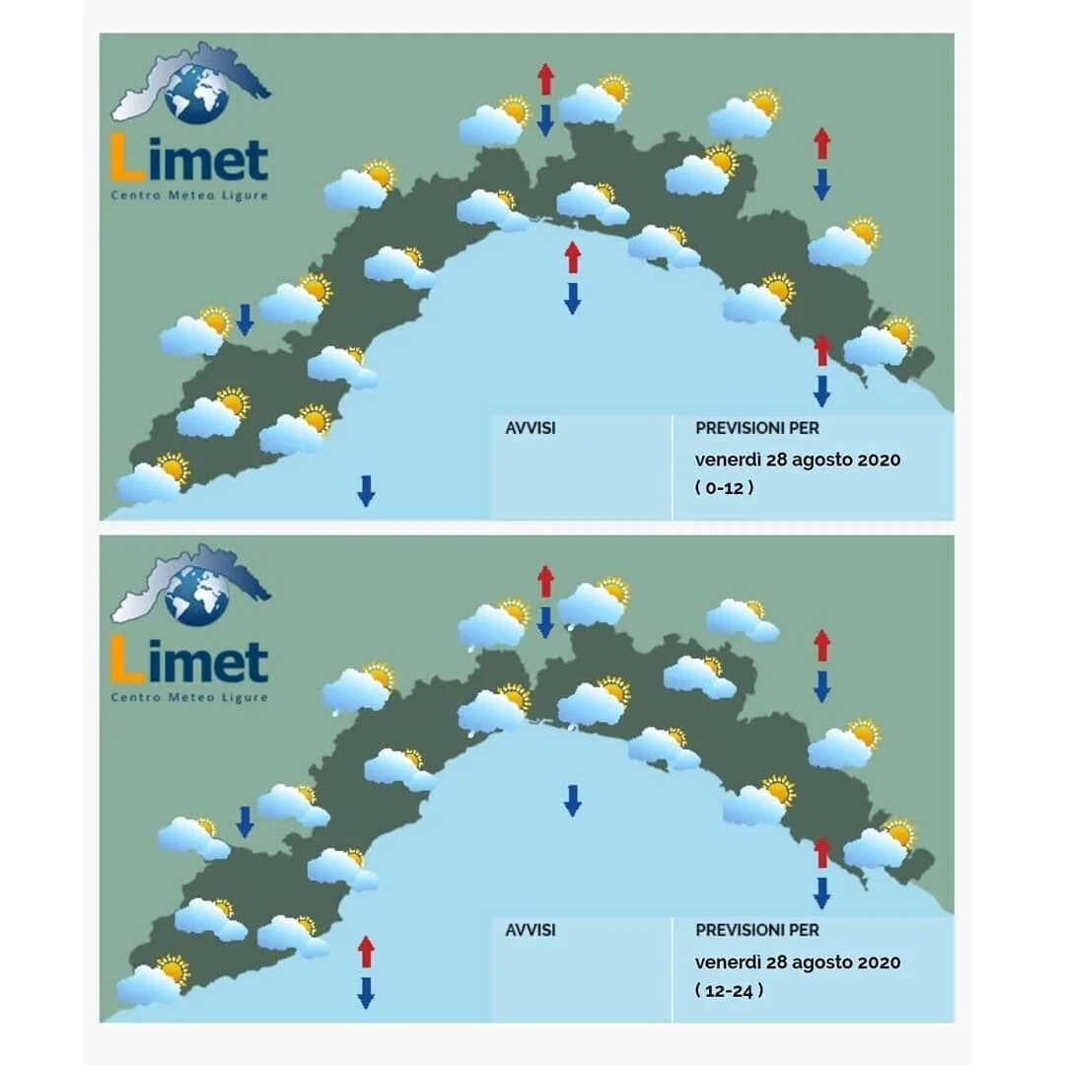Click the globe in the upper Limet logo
click(x=197, y=94)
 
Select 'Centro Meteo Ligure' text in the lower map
click(x=189, y=697)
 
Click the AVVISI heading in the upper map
click(x=531, y=429)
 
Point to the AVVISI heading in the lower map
click(x=531, y=930)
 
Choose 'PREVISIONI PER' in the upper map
click(x=756, y=429)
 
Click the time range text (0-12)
click(x=725, y=487)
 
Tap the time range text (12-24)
click(x=729, y=990)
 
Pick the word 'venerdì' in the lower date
click(x=727, y=961)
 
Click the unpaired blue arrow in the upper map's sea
click(x=366, y=490)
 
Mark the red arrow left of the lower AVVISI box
click(x=366, y=952)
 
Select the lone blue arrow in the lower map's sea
click(x=572, y=800)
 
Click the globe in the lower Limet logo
click(x=197, y=596)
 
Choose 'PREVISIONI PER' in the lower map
click(x=756, y=930)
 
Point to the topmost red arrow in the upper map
click(x=545, y=79)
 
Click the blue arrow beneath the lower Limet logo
click(x=245, y=820)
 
